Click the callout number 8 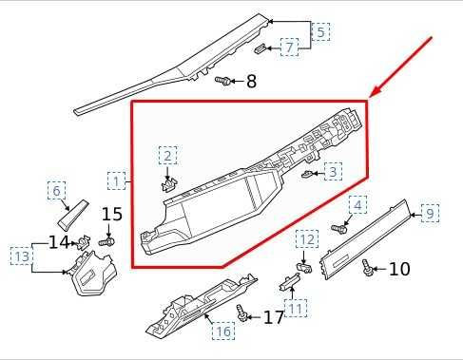point(251,81)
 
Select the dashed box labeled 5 point(320,31)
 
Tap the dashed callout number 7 point(290,47)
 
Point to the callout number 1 point(116,180)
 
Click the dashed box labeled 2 point(167,155)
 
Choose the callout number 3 point(333,171)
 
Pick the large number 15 point(112,214)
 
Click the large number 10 point(399,269)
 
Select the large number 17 point(274,317)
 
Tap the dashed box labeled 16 point(223,332)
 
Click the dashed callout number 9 point(430,213)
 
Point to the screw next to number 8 point(222,81)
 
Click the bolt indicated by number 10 point(368,268)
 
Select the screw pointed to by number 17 point(242,313)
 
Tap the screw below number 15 point(106,242)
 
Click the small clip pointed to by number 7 point(260,48)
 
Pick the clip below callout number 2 point(169,184)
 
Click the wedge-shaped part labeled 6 point(72,215)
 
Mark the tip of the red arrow point(370,97)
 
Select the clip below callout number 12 point(304,268)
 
